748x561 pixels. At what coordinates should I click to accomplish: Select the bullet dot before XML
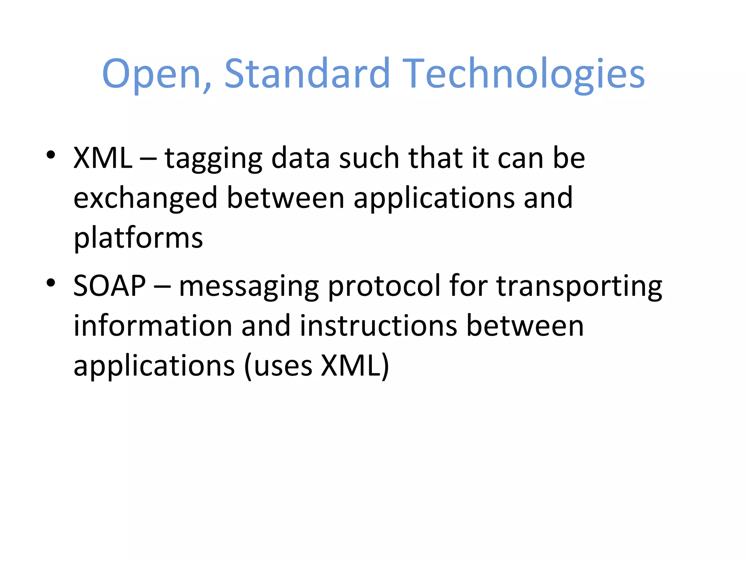51,155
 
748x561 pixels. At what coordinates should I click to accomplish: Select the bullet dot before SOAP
51,283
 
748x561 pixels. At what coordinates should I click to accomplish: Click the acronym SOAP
110,286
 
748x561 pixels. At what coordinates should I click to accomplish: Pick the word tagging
213,159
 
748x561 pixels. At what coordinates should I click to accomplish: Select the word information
153,325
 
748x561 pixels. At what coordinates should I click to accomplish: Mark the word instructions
378,325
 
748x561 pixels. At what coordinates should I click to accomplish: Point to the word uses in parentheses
283,366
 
